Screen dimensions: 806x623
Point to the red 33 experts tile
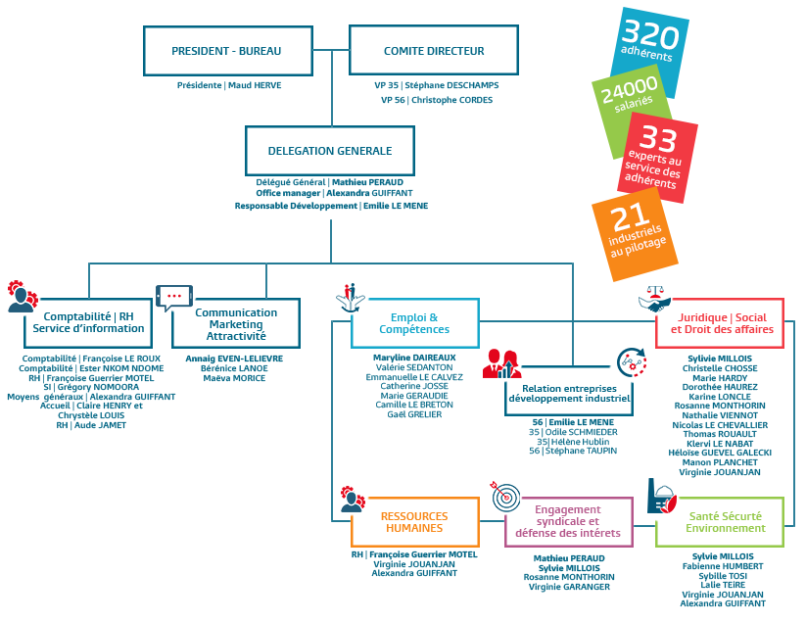click(x=657, y=157)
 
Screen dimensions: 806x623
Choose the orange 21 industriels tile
click(x=635, y=234)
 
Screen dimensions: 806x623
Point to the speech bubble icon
click(x=173, y=298)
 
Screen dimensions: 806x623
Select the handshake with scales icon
click(x=654, y=300)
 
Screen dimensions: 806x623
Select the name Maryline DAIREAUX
click(x=414, y=358)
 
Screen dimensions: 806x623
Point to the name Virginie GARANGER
click(x=569, y=587)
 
